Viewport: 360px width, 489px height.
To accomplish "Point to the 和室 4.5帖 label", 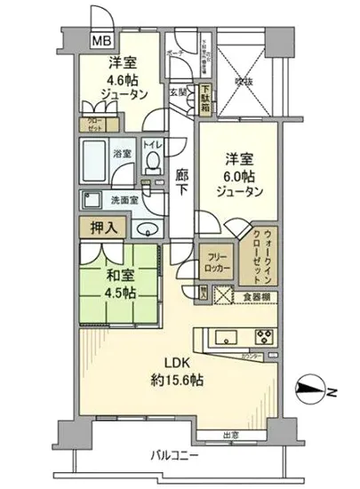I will click(x=113, y=285).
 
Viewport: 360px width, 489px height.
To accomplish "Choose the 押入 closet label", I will click(x=105, y=228).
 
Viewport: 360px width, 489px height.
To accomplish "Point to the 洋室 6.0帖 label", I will click(x=240, y=175).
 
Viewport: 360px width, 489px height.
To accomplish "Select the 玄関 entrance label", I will click(x=179, y=92).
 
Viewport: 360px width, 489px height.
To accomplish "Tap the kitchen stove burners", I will click(x=265, y=337).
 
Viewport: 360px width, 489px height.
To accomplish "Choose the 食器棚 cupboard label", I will click(x=258, y=297).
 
